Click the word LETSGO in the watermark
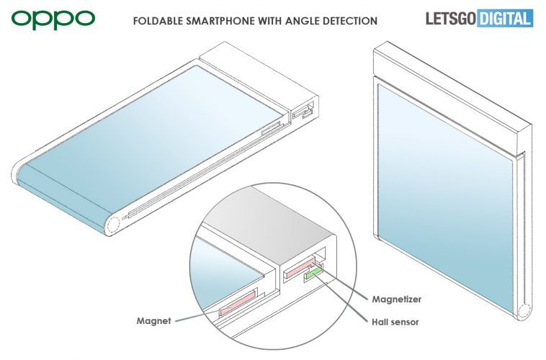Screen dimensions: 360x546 pyautogui.click(x=447, y=18)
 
